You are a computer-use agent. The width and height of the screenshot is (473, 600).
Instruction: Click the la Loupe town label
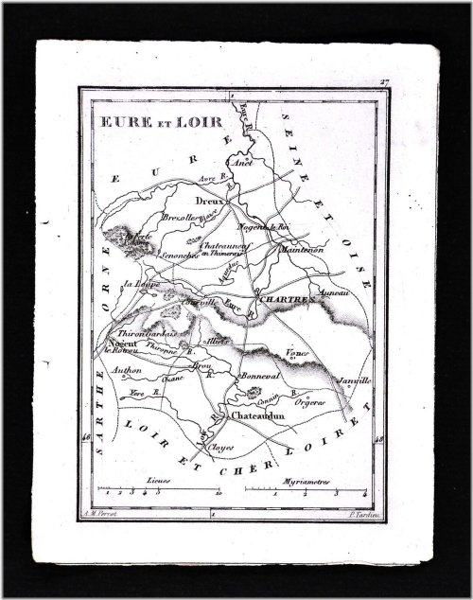tap(127, 282)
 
